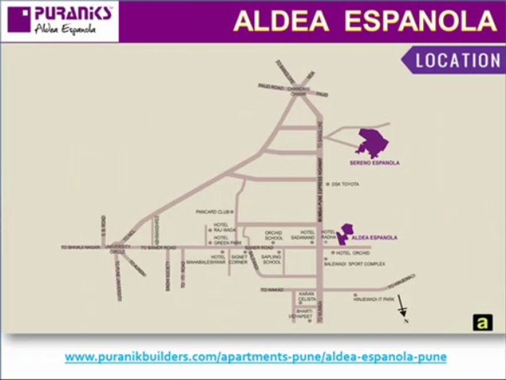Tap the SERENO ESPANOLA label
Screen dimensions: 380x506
374,163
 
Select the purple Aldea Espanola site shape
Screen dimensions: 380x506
345,234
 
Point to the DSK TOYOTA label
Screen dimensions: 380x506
345,184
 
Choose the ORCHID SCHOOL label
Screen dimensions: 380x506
274,235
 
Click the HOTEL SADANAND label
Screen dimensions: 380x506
307,235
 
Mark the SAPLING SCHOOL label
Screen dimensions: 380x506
272,260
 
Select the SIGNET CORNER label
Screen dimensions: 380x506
239,260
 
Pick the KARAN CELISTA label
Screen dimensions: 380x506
306,296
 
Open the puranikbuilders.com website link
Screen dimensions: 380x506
256,357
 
